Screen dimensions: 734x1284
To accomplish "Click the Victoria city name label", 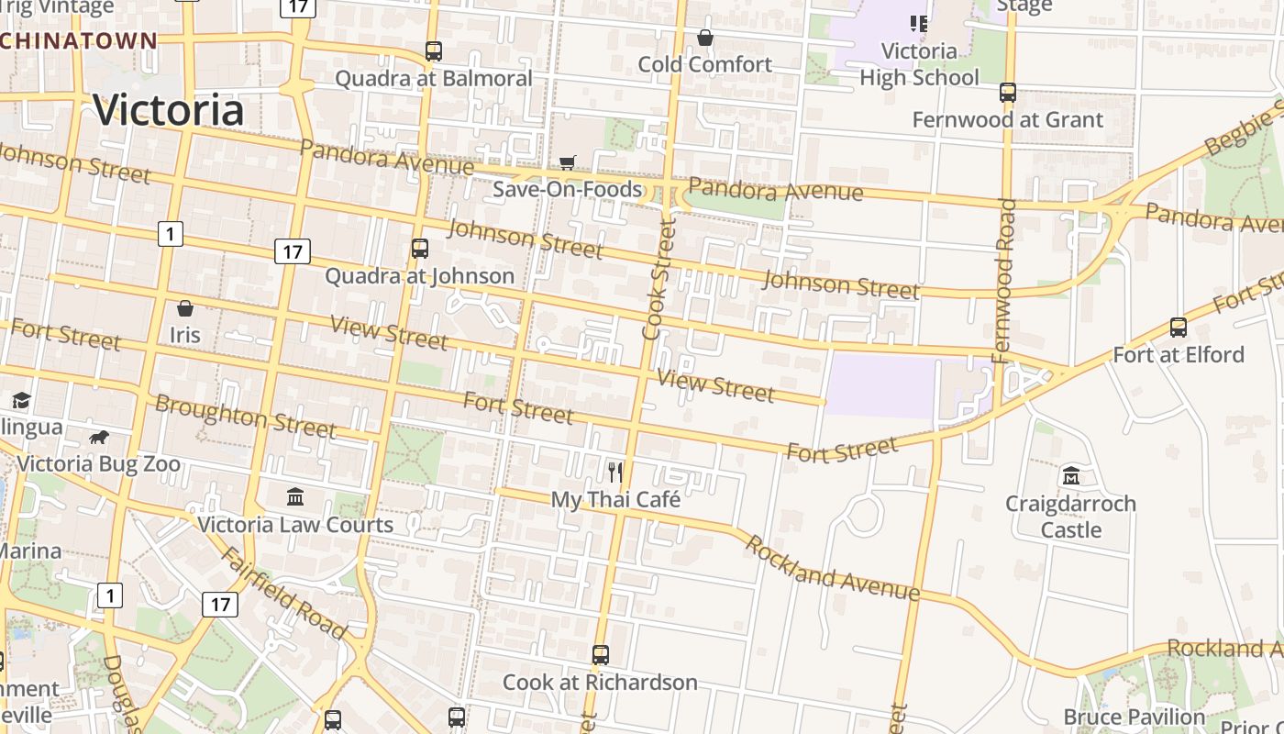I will [169, 110].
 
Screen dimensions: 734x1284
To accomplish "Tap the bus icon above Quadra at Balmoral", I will [434, 51].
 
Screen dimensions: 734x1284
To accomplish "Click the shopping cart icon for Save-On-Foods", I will [568, 162].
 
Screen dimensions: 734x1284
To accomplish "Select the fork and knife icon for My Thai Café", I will [615, 473].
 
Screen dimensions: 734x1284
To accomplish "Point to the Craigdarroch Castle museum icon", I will [1070, 476].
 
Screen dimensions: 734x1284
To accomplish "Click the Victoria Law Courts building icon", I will [295, 496].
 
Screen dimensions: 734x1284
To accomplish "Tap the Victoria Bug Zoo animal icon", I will [99, 437].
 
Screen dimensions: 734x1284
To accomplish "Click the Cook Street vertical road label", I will [659, 280].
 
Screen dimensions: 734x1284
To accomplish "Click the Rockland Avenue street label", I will [832, 568].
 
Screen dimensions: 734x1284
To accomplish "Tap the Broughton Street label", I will [245, 416].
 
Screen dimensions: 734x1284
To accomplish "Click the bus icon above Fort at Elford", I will [1179, 328].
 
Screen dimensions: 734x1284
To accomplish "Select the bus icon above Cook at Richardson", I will [601, 655].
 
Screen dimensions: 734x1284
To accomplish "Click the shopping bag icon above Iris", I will [184, 308].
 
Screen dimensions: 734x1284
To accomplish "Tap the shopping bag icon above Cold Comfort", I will [705, 38].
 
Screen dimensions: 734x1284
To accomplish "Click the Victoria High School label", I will [919, 64].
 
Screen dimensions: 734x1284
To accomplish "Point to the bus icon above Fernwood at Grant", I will [1008, 93].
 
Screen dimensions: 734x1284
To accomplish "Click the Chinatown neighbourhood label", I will [79, 40].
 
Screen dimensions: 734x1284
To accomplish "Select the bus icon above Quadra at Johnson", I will [420, 249].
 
